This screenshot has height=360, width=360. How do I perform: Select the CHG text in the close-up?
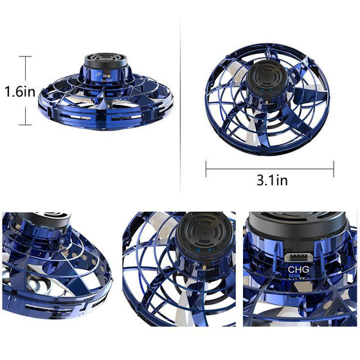(x=299, y=269)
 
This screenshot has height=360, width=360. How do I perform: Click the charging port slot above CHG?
(x=298, y=256)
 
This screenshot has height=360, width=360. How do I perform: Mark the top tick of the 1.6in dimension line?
(x=26, y=57)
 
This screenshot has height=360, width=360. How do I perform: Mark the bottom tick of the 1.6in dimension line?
(x=26, y=125)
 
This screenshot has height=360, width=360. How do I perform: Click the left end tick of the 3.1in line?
(x=206, y=169)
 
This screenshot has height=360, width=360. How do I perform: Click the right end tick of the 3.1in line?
(x=334, y=169)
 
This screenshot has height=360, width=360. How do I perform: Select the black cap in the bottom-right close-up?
(x=300, y=228)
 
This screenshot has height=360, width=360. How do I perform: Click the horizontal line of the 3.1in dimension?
(x=270, y=169)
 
